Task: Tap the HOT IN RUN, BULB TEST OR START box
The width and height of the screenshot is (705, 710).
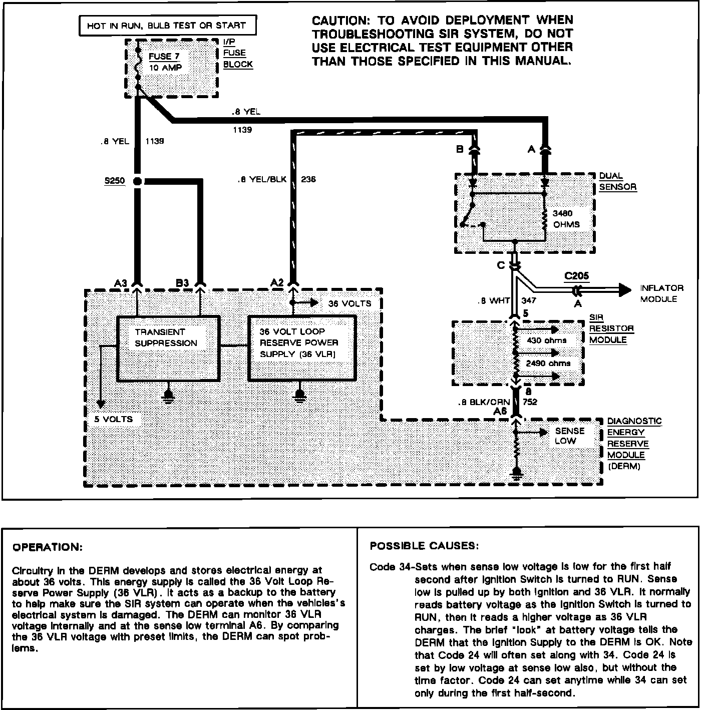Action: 166,26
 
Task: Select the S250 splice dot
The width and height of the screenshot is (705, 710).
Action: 138,181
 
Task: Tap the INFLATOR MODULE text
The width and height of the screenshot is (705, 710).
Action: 661,293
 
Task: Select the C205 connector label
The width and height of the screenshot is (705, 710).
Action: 576,276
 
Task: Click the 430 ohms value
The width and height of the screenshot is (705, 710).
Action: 547,340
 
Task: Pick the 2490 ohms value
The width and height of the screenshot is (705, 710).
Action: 548,364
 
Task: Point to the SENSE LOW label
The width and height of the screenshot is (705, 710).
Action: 569,436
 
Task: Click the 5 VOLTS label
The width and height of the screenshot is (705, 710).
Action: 114,419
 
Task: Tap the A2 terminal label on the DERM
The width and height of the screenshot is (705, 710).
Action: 277,283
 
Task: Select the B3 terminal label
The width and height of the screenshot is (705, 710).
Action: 182,283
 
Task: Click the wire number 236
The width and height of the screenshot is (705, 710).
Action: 308,179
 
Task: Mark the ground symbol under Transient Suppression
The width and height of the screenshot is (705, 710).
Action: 169,394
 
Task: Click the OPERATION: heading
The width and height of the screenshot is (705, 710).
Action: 47,547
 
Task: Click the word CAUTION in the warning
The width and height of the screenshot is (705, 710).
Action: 340,21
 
